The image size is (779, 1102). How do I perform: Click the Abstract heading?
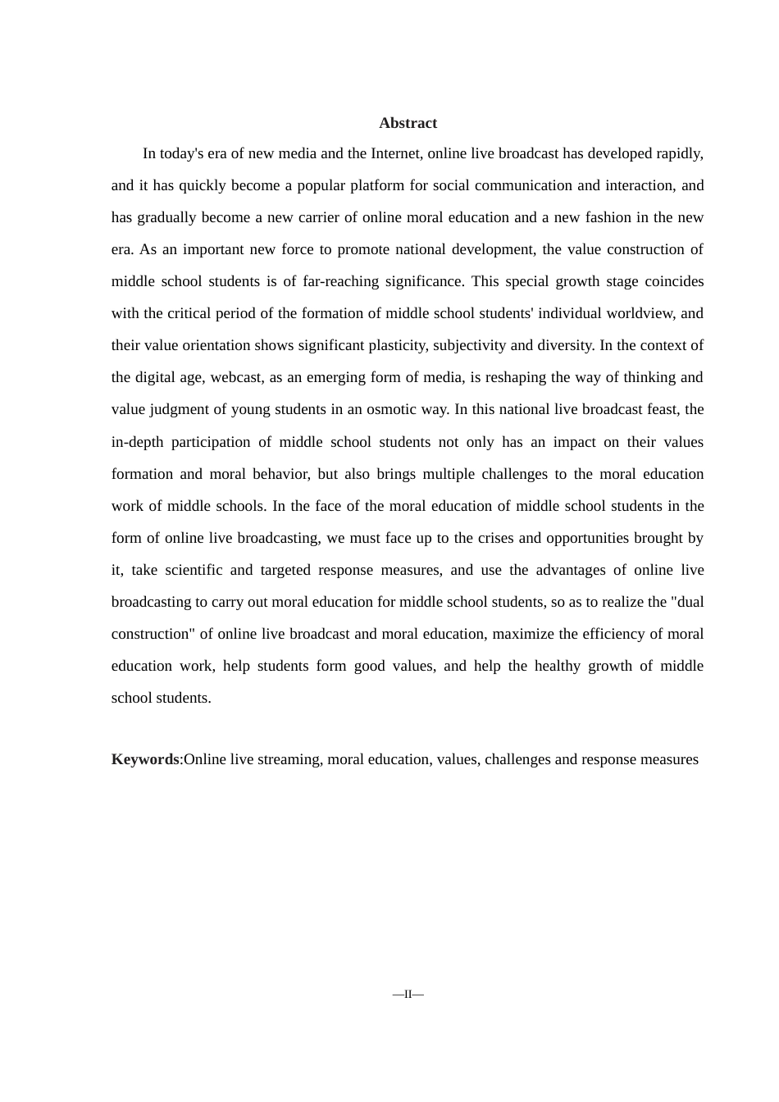click(408, 123)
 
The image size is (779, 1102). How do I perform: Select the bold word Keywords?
click(145, 759)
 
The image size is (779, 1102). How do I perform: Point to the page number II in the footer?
click(408, 994)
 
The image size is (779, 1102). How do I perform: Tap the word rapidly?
click(680, 153)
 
